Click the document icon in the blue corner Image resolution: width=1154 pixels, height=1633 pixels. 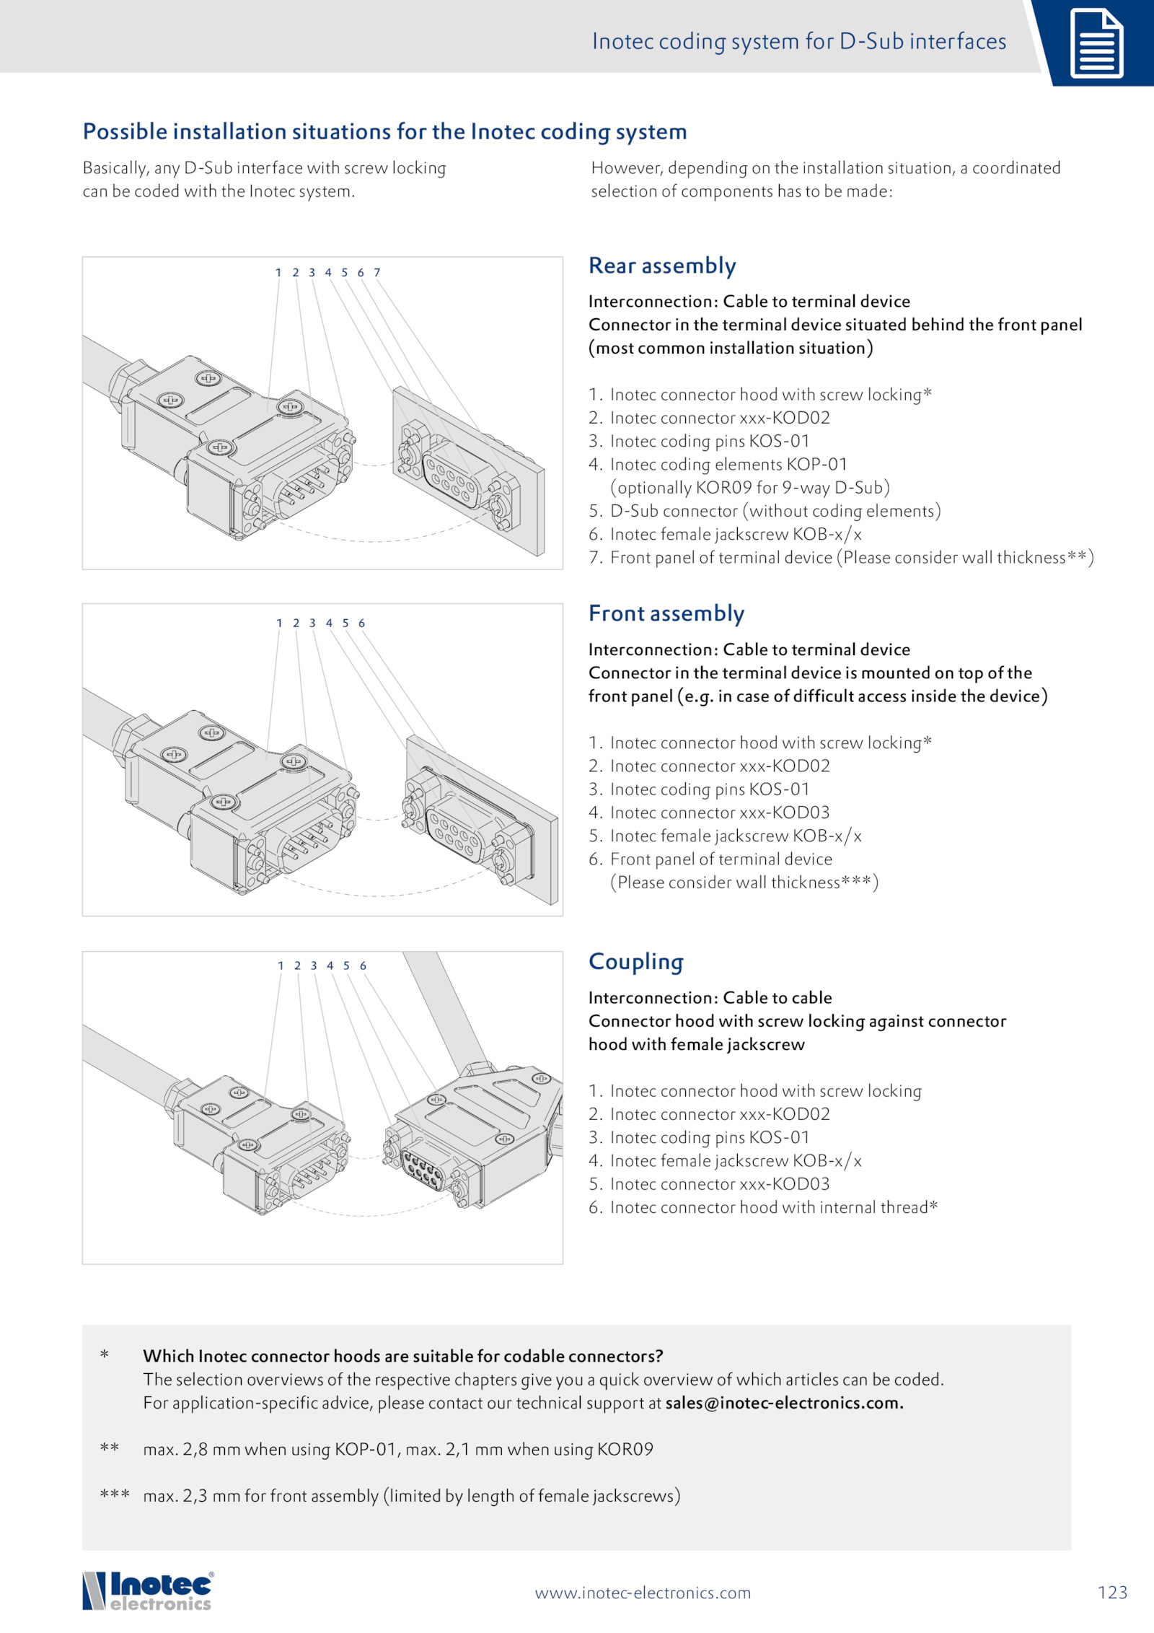pos(1096,43)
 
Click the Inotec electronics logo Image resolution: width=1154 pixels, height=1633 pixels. pos(149,1591)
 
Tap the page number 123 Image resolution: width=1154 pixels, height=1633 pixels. pos(1112,1593)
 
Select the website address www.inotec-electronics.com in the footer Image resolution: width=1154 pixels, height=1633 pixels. pos(643,1593)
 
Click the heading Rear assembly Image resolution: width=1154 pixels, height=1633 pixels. pos(662,266)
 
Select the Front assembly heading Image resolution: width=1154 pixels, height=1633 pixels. pos(666,614)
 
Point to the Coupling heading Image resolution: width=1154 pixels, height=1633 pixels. pos(636,962)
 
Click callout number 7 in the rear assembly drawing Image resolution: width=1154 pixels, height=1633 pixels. pos(376,273)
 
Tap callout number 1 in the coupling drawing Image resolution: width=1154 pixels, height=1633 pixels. pos(281,966)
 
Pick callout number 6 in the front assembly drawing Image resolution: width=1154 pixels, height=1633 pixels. pos(361,623)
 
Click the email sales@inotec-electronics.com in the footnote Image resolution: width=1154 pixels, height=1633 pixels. pos(784,1403)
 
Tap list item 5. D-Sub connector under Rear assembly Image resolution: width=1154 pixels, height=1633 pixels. pos(765,511)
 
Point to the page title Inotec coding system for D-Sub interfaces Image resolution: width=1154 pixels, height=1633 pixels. pos(799,42)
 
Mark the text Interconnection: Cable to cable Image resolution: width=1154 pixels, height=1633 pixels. pos(710,998)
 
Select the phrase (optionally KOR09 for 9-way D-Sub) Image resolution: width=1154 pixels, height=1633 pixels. pos(750,488)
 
